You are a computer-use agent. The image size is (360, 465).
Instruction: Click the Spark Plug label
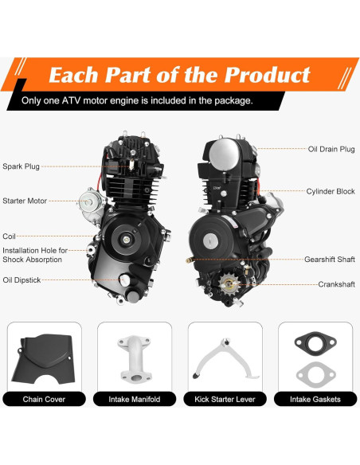(x=22, y=166)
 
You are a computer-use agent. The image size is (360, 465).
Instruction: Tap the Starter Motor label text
(x=25, y=201)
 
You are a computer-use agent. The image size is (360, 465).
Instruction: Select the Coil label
(x=10, y=236)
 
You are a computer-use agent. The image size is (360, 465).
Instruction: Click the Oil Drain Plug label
(x=331, y=149)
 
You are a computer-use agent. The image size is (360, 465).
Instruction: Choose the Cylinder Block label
(x=331, y=192)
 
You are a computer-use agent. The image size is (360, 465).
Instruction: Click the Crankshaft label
(x=335, y=284)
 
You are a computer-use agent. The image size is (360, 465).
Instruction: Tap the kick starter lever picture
(x=224, y=355)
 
